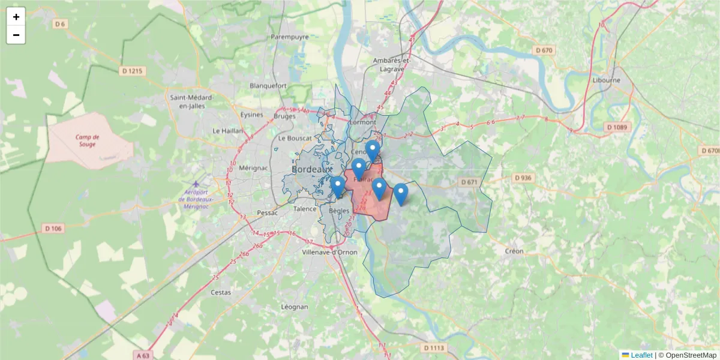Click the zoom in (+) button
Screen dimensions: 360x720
[x=16, y=17]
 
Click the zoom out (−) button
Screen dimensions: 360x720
[x=16, y=35]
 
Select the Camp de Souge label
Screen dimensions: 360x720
[x=88, y=141]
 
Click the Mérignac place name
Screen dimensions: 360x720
[x=253, y=168]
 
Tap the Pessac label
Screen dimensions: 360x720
[x=267, y=212]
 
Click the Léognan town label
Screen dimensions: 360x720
[x=295, y=307]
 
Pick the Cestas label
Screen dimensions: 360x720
[x=221, y=292]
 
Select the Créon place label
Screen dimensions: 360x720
[x=514, y=251]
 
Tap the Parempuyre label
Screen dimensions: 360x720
[x=289, y=37]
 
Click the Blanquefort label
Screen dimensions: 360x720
[x=268, y=85]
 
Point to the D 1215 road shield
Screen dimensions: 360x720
[x=133, y=71]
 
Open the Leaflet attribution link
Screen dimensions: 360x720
[x=641, y=355]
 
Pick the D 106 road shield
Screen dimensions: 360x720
[x=53, y=228]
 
